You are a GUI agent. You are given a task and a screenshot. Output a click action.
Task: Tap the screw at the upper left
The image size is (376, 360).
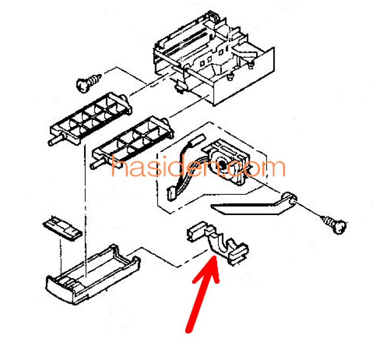[x=88, y=82]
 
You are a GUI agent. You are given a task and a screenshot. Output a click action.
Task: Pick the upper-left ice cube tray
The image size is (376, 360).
[x=90, y=119]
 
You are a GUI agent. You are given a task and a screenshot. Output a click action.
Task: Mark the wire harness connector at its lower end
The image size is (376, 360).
[x=171, y=194]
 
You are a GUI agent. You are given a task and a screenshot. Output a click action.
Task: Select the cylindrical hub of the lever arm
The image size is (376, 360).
[x=290, y=197]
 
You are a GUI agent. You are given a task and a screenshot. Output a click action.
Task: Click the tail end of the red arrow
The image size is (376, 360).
[x=189, y=330]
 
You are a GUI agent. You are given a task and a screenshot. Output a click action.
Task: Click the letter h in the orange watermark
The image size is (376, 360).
[x=119, y=167]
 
